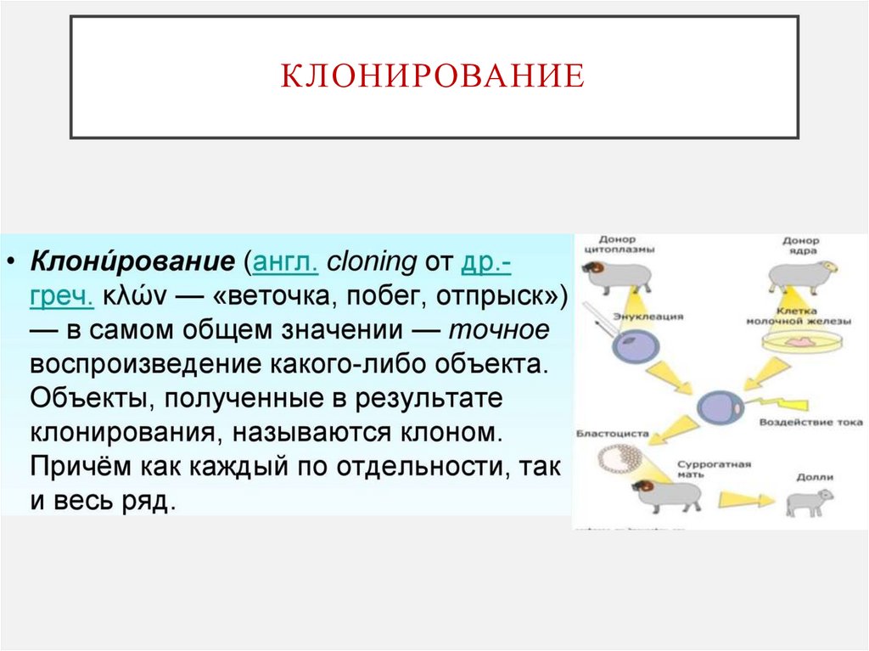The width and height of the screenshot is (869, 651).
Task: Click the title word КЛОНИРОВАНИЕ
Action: coord(433,76)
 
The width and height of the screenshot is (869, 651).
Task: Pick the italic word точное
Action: coord(500,331)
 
